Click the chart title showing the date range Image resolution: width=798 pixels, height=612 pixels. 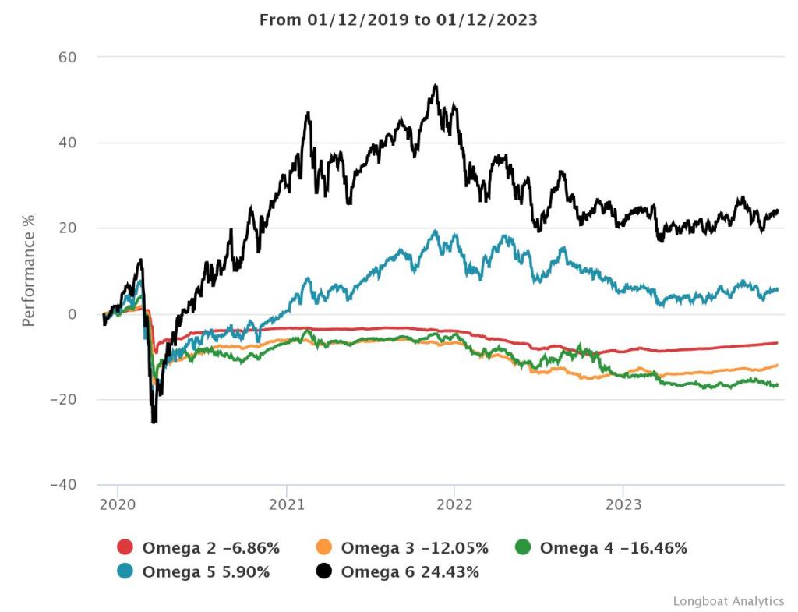398,20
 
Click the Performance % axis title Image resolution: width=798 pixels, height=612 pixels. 29,271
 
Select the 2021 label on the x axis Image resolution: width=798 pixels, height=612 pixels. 286,504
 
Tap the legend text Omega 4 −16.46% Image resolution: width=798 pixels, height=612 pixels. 613,548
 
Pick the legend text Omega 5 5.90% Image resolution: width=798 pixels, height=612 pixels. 206,572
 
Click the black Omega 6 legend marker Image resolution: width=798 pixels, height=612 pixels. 324,572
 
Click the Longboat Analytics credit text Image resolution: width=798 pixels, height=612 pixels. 728,601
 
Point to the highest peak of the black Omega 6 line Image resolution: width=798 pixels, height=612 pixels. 436,86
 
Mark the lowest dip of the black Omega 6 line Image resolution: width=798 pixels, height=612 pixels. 154,422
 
